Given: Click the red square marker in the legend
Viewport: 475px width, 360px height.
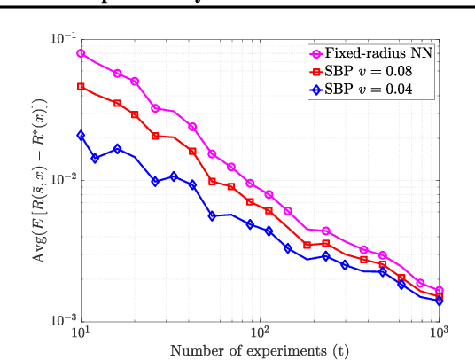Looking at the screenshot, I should coord(315,71).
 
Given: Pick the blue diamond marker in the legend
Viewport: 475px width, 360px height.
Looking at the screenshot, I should coord(315,89).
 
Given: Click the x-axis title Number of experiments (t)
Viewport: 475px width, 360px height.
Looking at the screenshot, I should coord(260,350).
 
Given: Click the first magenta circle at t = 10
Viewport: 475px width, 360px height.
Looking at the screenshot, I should coord(81,53).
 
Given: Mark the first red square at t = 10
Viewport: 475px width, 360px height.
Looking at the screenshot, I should coord(81,87).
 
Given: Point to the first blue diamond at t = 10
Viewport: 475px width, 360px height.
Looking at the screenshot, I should coord(81,135).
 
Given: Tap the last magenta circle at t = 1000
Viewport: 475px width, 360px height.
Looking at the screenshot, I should coord(439,290).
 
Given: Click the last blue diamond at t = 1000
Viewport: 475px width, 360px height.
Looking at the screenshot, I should coord(439,301).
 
